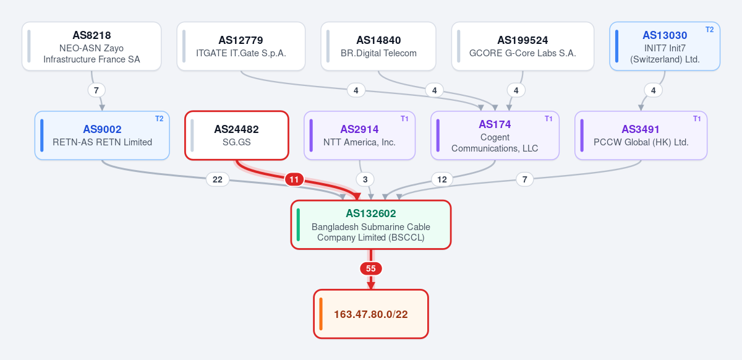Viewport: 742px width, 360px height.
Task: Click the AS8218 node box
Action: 92,46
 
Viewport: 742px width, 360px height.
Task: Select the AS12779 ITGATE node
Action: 241,46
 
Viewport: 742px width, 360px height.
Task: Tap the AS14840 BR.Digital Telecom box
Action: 378,46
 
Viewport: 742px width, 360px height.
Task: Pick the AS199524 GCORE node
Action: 522,46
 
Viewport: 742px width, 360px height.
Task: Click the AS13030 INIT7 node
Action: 665,46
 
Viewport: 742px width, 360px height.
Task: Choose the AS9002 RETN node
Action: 102,135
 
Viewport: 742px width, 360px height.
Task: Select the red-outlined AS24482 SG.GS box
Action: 237,135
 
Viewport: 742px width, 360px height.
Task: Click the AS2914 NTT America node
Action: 359,135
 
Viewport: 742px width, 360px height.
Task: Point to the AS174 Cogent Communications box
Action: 495,135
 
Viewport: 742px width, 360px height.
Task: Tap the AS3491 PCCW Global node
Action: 641,135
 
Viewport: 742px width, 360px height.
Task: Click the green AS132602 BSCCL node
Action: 371,225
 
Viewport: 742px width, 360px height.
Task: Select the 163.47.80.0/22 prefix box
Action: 371,314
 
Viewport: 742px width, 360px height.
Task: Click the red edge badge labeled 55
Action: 371,268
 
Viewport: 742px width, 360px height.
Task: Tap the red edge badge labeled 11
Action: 294,179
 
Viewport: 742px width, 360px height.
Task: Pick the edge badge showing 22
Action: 217,179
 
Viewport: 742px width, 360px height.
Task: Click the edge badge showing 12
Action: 442,179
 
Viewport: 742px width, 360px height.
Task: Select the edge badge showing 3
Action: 365,179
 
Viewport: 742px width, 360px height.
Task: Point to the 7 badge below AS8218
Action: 96,90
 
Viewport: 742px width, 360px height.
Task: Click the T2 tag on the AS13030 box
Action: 710,30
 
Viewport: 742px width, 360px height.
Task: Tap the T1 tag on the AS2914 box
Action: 404,119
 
